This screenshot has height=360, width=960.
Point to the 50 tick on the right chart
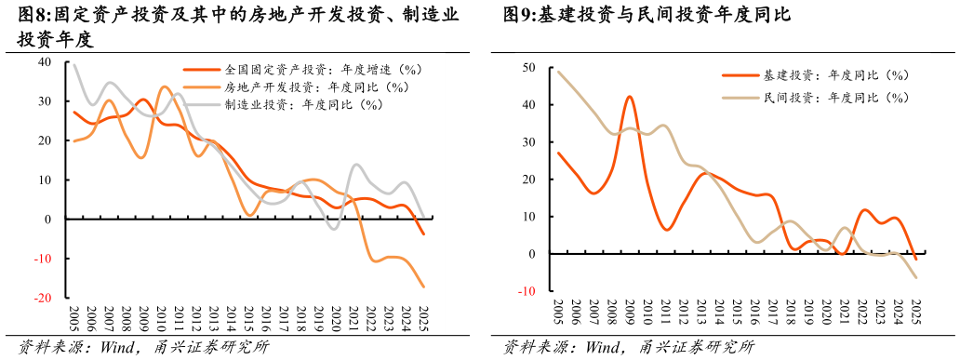coord(527,68)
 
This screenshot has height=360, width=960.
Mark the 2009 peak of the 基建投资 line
coord(629,97)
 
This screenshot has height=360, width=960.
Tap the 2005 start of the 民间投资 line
coord(558,72)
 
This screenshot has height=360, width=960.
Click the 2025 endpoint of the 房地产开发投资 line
coord(424,287)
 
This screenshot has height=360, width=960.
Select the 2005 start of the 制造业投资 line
coord(74,64)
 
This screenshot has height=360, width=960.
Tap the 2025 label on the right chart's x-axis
coord(915,313)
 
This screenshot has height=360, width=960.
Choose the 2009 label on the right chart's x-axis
coord(629,313)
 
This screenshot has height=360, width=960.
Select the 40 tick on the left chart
coord(45,62)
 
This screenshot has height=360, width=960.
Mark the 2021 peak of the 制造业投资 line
coord(357,165)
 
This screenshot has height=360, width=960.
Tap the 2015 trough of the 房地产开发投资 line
coord(250,215)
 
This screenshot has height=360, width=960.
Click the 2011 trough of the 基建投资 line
coord(666,229)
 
